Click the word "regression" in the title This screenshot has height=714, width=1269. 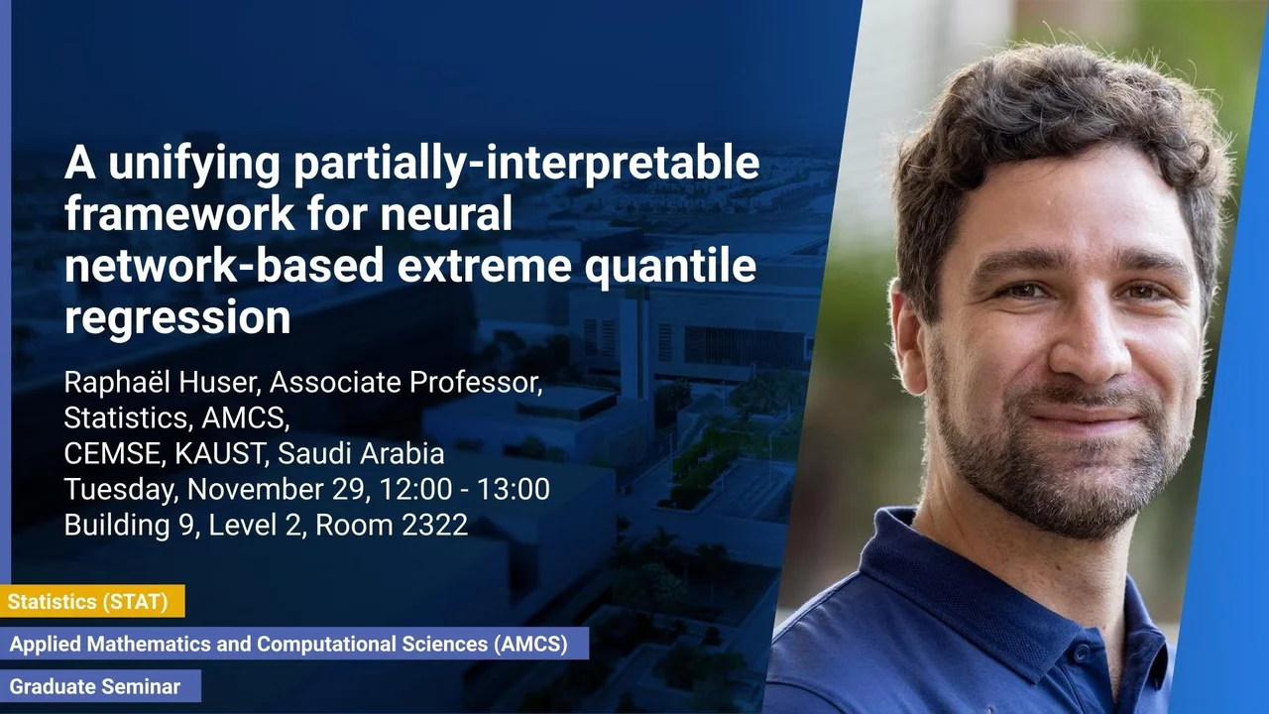pyautogui.click(x=177, y=318)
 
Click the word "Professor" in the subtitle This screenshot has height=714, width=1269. pyautogui.click(x=476, y=383)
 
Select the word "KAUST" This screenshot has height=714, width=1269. pyautogui.click(x=220, y=454)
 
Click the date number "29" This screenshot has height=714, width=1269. pyautogui.click(x=351, y=490)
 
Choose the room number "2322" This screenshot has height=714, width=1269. pyautogui.click(x=434, y=525)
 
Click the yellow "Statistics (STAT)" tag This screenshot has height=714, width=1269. pyautogui.click(x=92, y=601)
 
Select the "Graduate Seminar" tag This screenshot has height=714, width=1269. pyautogui.click(x=100, y=687)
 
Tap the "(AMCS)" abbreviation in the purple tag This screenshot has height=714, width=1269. pyautogui.click(x=530, y=645)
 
